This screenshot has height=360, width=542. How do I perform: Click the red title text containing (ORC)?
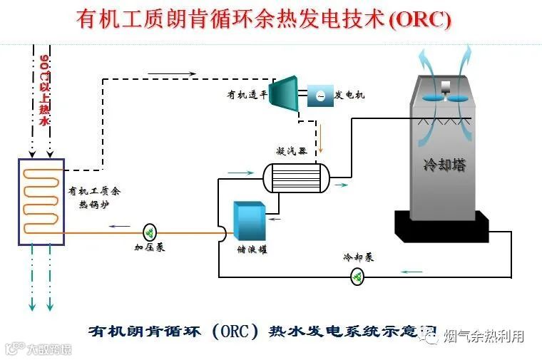264,19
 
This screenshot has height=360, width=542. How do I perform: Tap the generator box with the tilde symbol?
320,96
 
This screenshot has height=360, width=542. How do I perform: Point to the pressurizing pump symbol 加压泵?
150,232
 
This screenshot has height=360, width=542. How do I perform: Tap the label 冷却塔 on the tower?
443,165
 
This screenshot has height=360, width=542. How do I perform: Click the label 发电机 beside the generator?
349,95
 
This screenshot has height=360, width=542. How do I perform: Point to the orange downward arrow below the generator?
320,139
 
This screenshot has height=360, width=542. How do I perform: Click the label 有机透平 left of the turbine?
246,94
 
